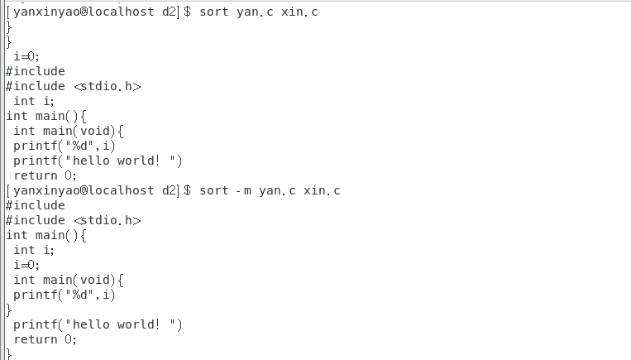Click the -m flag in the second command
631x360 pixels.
click(x=241, y=190)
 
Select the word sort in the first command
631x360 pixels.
click(x=213, y=12)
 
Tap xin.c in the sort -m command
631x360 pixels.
click(x=322, y=190)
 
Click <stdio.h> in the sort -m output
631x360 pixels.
click(x=108, y=220)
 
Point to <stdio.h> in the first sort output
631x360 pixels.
click(x=108, y=86)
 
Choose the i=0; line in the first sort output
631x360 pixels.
click(x=27, y=56)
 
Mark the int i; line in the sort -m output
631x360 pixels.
click(x=34, y=250)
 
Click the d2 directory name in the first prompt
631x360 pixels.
click(x=170, y=12)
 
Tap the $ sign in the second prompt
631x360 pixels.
click(x=188, y=190)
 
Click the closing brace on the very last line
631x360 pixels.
click(x=8, y=354)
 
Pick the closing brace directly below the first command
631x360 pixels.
click(x=8, y=26)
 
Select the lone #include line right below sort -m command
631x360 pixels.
click(x=35, y=205)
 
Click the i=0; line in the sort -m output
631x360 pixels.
click(x=27, y=265)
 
